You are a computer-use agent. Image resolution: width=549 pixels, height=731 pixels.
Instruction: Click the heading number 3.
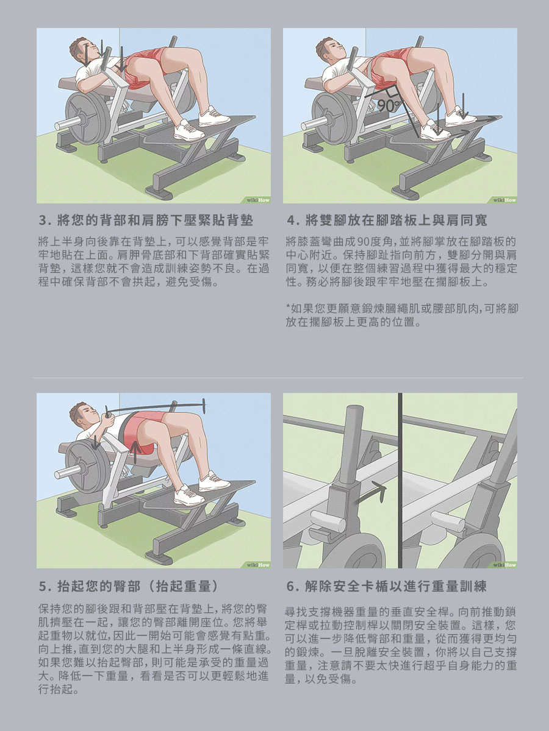coord(43,221)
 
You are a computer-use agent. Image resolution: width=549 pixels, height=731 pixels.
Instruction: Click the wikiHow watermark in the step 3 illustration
coord(257,200)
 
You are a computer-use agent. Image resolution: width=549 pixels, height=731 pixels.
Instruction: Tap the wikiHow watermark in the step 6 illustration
coord(504,565)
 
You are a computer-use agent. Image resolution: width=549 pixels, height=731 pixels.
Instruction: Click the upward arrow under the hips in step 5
coord(135,448)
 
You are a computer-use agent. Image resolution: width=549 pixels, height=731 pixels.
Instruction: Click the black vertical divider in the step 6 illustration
coord(400,480)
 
